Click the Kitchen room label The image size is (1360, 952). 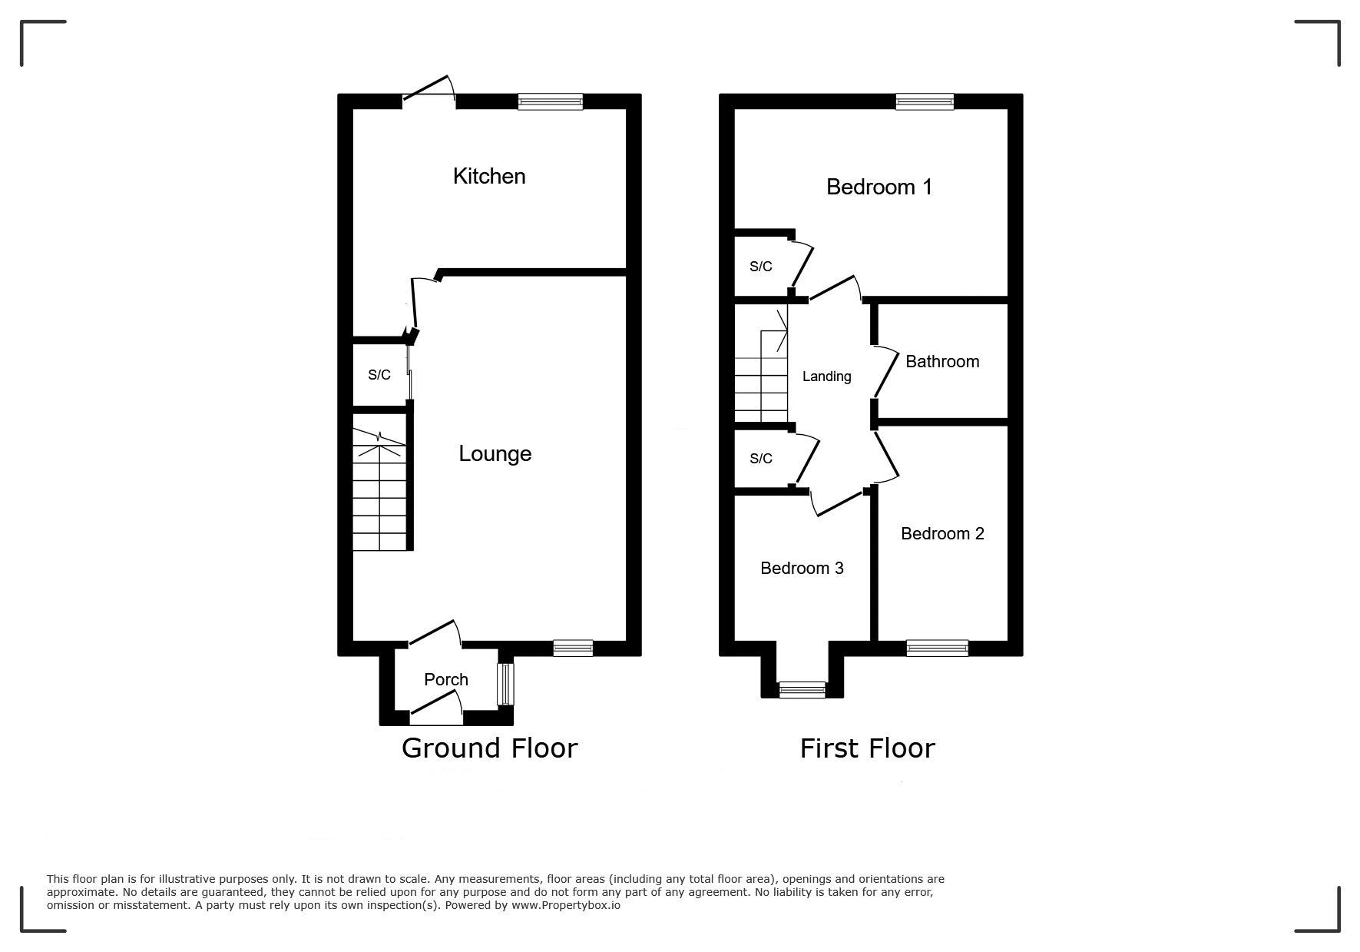(489, 176)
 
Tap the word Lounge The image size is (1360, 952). (495, 453)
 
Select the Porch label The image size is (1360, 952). (446, 679)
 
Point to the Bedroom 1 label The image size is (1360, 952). (879, 187)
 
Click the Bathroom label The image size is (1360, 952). (942, 361)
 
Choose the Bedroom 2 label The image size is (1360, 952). (942, 533)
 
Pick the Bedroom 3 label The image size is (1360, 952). (802, 568)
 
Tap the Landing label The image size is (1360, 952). (826, 376)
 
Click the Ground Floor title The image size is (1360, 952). (489, 748)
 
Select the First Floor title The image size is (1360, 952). (868, 748)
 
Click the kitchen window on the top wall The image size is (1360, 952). (550, 101)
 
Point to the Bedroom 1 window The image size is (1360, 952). (925, 101)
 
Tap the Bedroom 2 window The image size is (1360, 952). (937, 648)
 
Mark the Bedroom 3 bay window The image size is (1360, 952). (802, 689)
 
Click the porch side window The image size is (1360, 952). (505, 684)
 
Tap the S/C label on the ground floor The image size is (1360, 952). (379, 375)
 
